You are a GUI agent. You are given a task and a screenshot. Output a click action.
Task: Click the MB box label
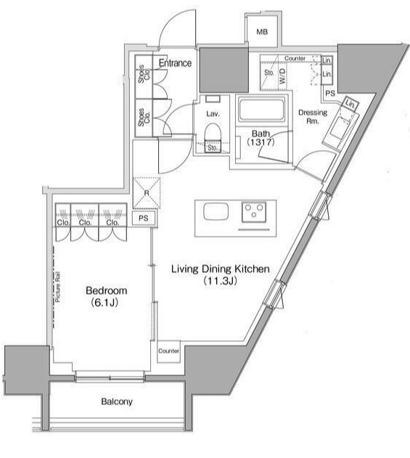262,32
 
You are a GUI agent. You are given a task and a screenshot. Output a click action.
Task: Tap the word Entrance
176,63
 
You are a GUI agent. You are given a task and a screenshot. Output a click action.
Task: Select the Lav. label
213,115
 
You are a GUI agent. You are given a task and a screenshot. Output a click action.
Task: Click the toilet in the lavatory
213,133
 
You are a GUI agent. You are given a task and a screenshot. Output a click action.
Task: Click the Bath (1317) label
261,138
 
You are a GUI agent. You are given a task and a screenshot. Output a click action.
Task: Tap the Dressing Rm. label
313,118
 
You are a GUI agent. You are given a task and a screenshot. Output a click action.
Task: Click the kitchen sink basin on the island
216,212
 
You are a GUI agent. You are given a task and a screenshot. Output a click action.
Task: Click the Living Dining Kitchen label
220,269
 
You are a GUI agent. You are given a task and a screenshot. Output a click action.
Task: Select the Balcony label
117,401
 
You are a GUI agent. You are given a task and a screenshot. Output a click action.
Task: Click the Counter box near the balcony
168,351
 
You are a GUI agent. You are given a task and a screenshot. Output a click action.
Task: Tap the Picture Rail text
57,287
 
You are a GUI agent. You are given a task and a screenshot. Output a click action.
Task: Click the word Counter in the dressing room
295,57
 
